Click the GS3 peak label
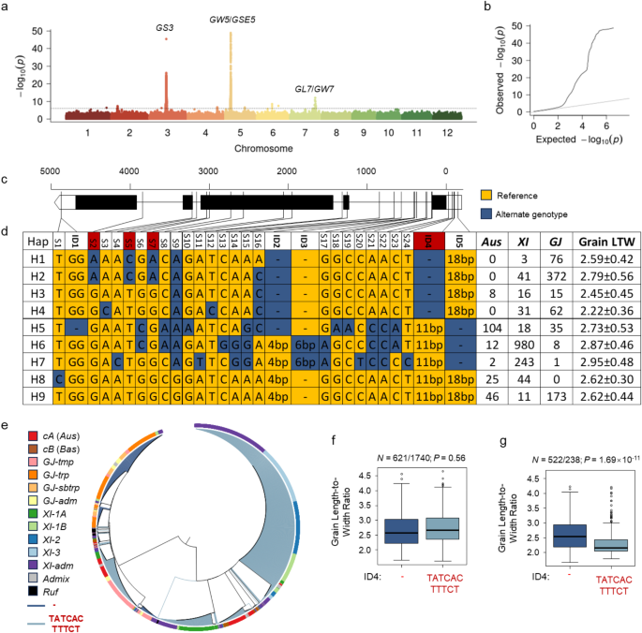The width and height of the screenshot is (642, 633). click(166, 28)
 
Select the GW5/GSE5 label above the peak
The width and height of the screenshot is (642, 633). click(231, 19)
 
